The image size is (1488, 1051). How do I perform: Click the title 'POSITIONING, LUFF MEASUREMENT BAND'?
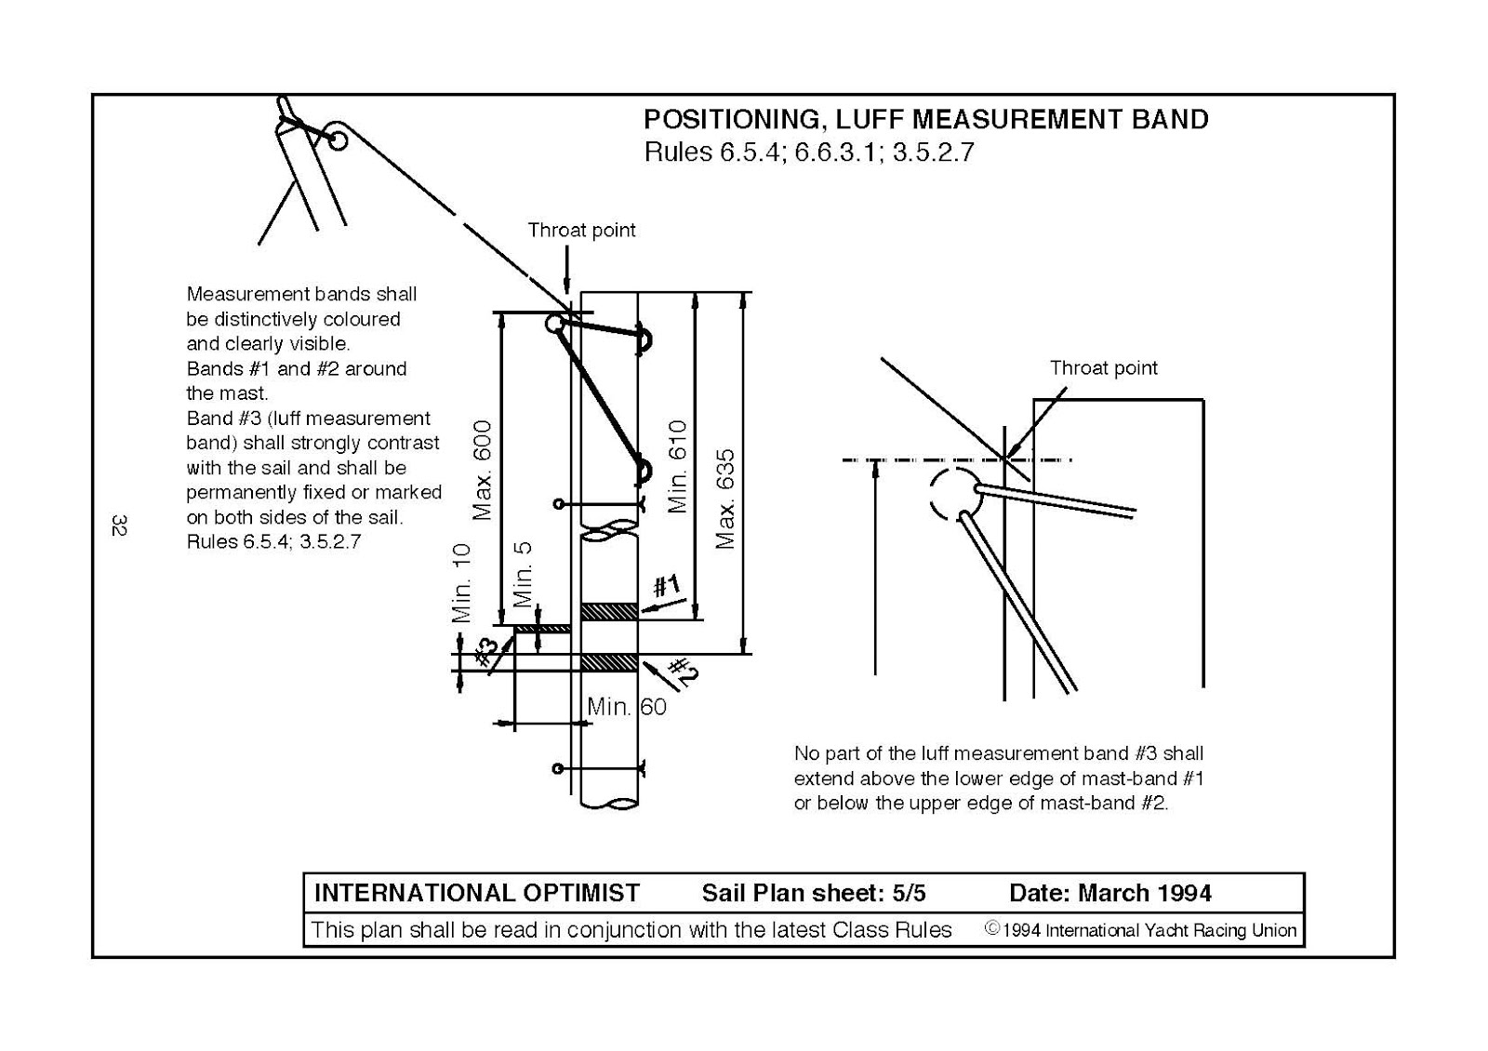(925, 120)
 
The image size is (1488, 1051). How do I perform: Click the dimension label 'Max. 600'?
(482, 470)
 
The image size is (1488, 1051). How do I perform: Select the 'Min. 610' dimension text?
(677, 466)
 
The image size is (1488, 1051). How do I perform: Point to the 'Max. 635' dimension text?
(726, 499)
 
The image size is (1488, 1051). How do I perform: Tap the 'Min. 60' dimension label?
(627, 707)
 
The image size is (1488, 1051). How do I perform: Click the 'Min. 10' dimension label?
(462, 583)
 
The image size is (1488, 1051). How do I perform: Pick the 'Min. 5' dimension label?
(524, 574)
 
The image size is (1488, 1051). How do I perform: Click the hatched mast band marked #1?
(609, 611)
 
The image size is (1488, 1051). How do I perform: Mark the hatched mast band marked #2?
(609, 662)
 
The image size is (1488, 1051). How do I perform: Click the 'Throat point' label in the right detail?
(1103, 368)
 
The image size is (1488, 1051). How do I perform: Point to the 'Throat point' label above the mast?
(581, 231)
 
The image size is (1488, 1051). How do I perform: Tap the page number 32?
(118, 525)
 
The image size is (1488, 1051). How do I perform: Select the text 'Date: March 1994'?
(1109, 894)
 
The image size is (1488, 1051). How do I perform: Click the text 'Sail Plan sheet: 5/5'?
(813, 894)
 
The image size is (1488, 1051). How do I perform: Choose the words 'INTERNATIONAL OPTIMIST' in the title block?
(476, 894)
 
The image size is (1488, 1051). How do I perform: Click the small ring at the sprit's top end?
(338, 140)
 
